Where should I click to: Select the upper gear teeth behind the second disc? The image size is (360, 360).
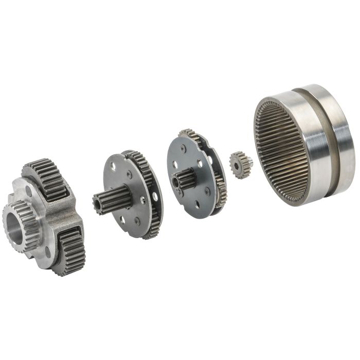pyautogui.click(x=135, y=156)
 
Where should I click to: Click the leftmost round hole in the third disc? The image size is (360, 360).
pyautogui.click(x=174, y=166)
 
